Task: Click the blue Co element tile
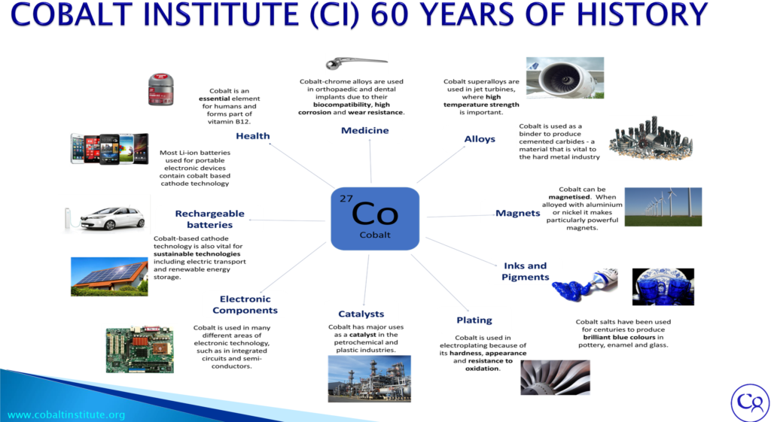coord(375,218)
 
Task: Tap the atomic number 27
coord(346,199)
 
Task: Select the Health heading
coord(253,136)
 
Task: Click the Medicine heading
coord(365,130)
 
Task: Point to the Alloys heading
coord(480,139)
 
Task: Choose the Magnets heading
coord(518,213)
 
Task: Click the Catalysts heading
coord(361,314)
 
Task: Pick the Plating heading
coord(474,320)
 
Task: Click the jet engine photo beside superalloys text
coord(565,77)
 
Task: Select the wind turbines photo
coord(663,206)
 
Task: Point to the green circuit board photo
coord(139,350)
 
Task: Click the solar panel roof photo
coord(109,277)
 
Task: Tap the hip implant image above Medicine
coord(355,63)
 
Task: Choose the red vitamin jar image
coord(161,90)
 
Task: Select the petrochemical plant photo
coord(369,379)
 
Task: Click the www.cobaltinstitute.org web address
coord(66,415)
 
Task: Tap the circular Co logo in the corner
coord(751,402)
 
